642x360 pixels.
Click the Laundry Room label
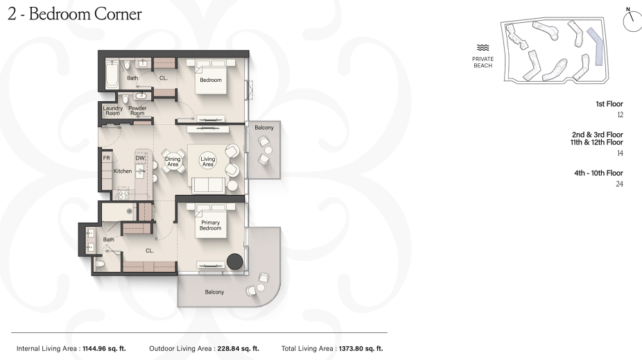coord(112,110)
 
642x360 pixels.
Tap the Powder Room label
coord(137,110)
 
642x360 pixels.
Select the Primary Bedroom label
coord(211,225)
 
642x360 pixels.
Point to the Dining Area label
coord(173,162)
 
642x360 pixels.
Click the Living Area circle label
coord(207,162)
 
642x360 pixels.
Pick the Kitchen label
coord(123,171)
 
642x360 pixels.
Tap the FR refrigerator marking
coord(107,158)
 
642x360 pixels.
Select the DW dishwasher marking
coord(140,158)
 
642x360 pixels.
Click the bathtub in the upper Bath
coord(112,74)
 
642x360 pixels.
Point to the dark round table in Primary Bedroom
coord(234,262)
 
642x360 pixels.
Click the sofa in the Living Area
coord(209,185)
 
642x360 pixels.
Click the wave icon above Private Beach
coord(483,48)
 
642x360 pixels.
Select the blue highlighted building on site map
coord(596,47)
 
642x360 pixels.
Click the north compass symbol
coord(632,20)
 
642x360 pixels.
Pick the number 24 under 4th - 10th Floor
coord(619,185)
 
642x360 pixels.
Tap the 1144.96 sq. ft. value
coord(105,348)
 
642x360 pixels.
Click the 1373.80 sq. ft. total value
coord(361,348)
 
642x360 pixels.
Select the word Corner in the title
coord(118,14)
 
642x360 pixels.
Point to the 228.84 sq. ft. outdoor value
coord(238,348)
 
